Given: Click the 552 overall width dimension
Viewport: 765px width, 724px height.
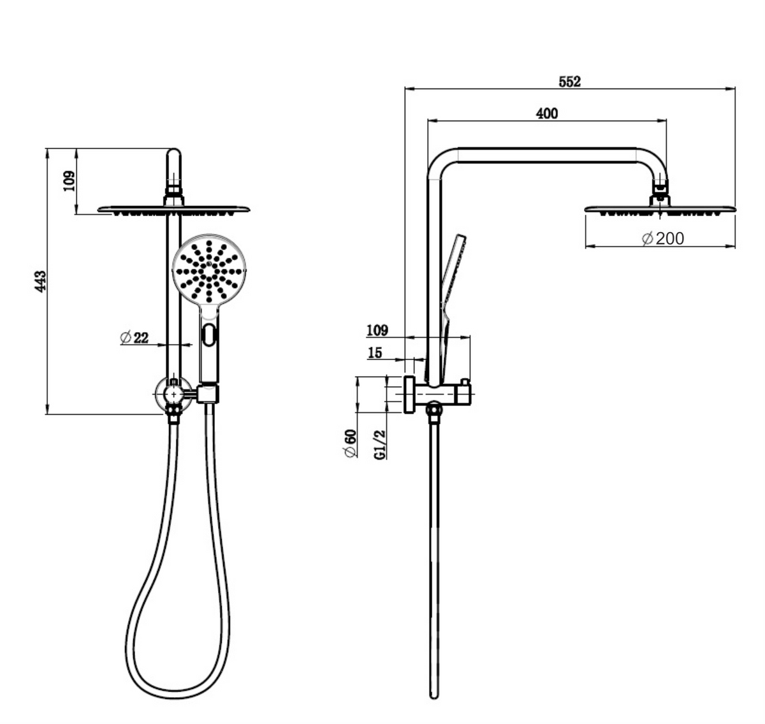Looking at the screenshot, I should point(569,82).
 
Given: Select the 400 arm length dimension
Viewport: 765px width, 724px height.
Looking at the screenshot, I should point(547,113).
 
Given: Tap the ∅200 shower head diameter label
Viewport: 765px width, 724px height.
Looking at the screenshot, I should point(662,238).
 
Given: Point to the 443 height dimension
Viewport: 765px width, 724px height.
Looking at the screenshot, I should point(40,281).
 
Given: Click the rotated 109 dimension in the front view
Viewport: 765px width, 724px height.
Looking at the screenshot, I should point(69,181).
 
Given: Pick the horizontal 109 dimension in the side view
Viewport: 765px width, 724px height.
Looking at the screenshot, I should point(377,330).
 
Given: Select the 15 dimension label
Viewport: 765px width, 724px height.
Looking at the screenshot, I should point(375,352).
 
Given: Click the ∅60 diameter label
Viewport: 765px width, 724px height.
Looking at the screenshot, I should point(349,443).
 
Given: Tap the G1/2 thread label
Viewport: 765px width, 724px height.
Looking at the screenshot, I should point(380,444).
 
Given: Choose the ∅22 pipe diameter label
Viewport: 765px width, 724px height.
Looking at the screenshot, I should point(134,337).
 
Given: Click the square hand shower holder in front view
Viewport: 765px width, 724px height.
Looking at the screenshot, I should point(208,393).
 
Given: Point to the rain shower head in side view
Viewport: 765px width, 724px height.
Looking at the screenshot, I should point(660,208).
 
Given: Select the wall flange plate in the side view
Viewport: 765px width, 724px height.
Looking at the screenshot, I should point(408,395).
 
